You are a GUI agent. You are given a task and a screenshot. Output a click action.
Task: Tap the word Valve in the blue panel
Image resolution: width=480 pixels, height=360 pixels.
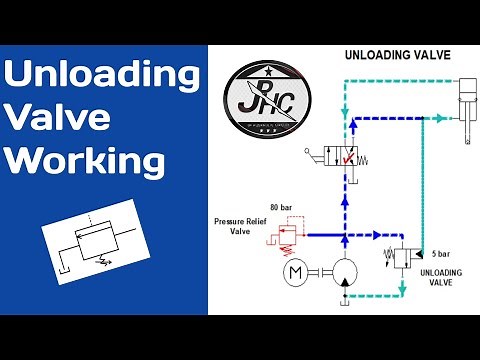pyautogui.click(x=66, y=118)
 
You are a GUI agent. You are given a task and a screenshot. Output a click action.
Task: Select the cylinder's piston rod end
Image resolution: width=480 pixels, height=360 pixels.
pyautogui.click(x=468, y=143)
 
